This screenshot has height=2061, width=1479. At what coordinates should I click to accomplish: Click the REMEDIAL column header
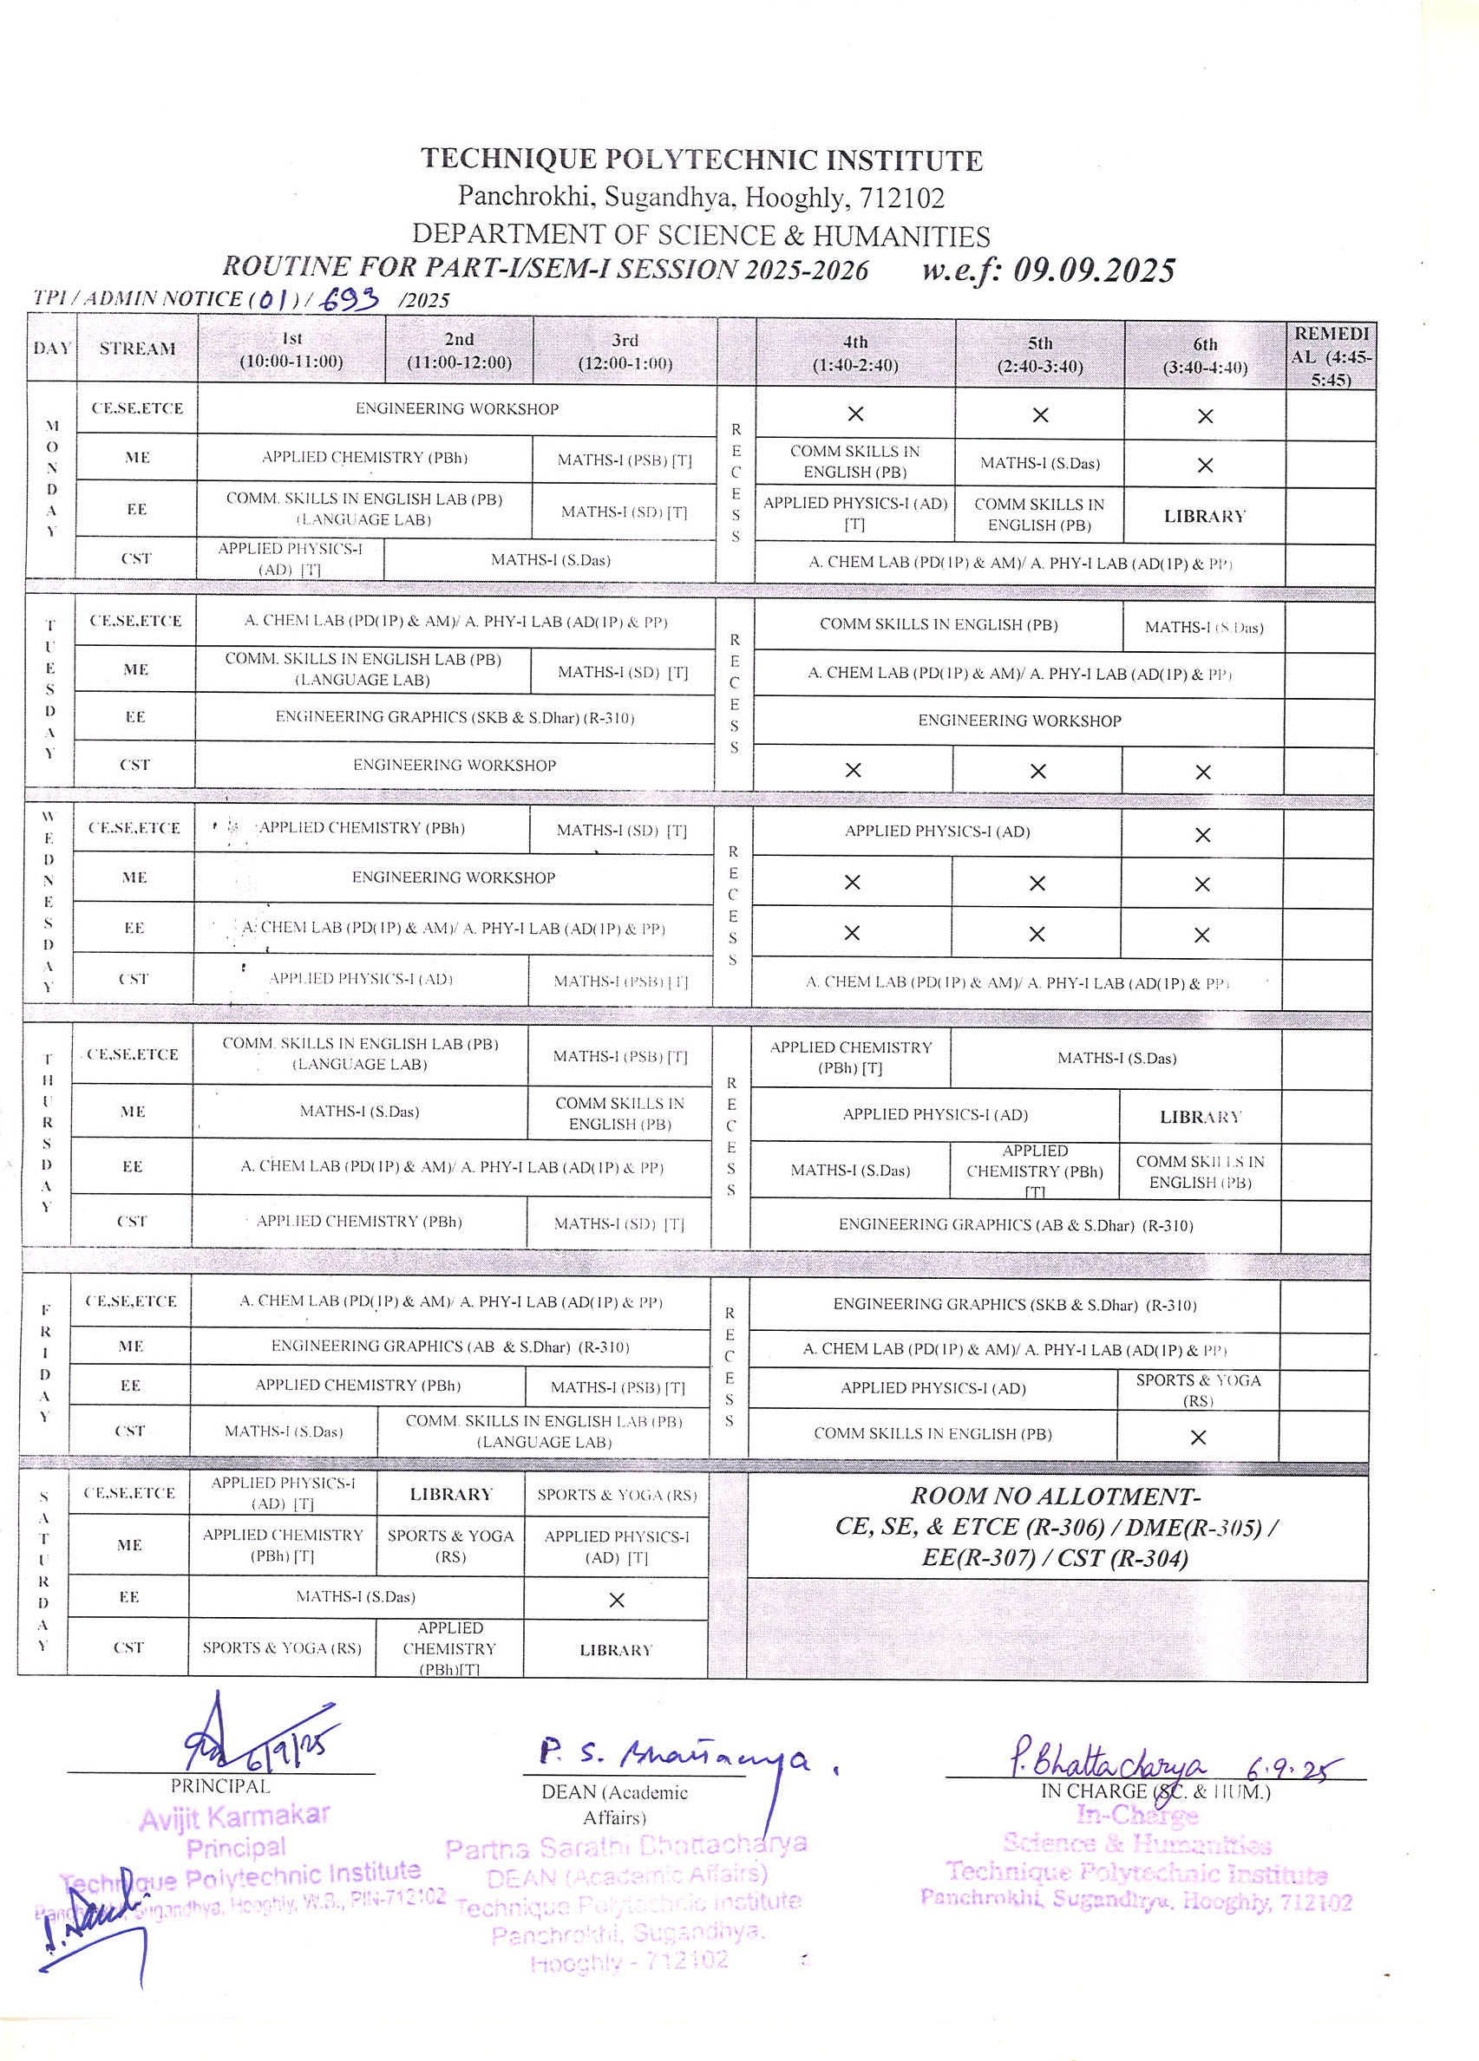pyautogui.click(x=1331, y=355)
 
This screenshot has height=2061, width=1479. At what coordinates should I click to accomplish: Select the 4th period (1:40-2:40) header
pyautogui.click(x=854, y=355)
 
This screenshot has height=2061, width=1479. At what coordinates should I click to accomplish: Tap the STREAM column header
pyautogui.click(x=137, y=349)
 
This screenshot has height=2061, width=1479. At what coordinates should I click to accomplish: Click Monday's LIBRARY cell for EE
pyautogui.click(x=1205, y=516)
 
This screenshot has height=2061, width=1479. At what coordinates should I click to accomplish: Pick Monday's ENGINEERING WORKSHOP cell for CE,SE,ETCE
pyautogui.click(x=456, y=409)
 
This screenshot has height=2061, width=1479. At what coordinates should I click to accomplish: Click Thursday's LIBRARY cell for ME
pyautogui.click(x=1200, y=1117)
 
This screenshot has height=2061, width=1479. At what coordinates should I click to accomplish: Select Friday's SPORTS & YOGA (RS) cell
pyautogui.click(x=1198, y=1389)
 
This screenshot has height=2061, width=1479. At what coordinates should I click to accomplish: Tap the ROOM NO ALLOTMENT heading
pyautogui.click(x=1056, y=1496)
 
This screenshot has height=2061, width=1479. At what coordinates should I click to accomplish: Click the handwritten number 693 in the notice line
pyautogui.click(x=350, y=298)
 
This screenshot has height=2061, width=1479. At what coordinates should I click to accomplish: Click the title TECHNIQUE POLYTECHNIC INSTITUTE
pyautogui.click(x=701, y=160)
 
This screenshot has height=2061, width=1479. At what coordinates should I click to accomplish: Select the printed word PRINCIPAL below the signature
pyautogui.click(x=220, y=1785)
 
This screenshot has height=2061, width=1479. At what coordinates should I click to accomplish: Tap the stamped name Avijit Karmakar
pyautogui.click(x=234, y=1816)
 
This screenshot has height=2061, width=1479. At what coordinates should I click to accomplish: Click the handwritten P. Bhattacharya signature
pyautogui.click(x=1109, y=1764)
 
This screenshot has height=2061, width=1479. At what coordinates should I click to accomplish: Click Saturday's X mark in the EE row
pyautogui.click(x=617, y=1601)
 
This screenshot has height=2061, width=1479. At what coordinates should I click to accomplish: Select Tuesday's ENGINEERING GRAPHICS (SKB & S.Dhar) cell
pyautogui.click(x=455, y=717)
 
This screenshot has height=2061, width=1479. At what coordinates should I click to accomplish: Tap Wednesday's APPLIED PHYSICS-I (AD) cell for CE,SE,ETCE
pyautogui.click(x=936, y=832)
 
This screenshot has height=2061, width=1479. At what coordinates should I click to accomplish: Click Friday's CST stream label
pyautogui.click(x=130, y=1431)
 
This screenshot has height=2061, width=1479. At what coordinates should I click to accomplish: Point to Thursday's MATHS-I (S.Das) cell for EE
pyautogui.click(x=850, y=1171)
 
